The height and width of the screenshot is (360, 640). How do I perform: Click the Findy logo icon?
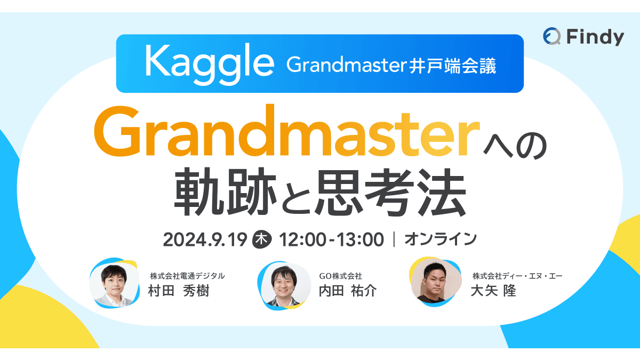(x=552, y=37)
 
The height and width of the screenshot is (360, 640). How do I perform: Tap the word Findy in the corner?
(x=595, y=37)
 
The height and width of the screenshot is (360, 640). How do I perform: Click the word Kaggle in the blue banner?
(x=209, y=63)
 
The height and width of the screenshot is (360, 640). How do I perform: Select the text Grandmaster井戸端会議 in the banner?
(x=391, y=65)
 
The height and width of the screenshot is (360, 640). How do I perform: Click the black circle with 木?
(x=261, y=239)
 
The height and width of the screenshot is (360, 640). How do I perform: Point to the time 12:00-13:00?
(x=330, y=239)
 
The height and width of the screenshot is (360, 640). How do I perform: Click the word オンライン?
(x=441, y=239)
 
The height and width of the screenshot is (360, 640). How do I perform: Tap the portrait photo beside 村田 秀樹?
(x=115, y=283)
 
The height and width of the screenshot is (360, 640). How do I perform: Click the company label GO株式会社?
(x=340, y=276)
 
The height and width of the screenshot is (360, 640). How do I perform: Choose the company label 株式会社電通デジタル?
(x=187, y=276)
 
